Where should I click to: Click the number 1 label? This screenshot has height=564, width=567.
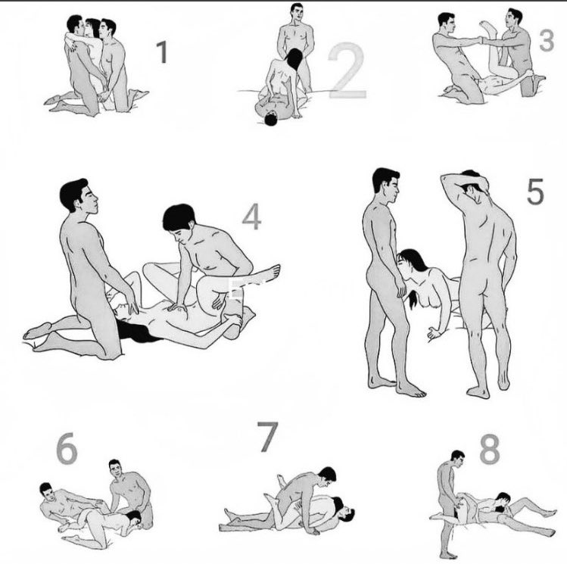coord(162,52)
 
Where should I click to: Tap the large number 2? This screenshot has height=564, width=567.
coord(348,71)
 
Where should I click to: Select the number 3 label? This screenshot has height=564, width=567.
coord(547,40)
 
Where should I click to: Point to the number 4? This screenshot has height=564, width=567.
coord(251,217)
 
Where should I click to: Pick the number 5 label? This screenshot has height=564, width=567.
coord(535,192)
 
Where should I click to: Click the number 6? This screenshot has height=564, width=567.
coord(67,448)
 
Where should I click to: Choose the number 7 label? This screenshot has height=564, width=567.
coord(268,437)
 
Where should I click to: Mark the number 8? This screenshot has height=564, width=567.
coord(490,449)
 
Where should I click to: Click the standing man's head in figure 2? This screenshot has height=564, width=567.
coord(297,13)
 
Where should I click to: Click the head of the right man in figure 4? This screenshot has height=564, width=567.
coord(179,221)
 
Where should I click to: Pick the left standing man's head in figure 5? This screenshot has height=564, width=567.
coord(386,185)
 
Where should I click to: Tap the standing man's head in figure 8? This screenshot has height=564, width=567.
coord(458,460)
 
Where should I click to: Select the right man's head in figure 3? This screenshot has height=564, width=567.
coord(514,19)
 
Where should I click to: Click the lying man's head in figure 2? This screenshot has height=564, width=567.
coord(270,120)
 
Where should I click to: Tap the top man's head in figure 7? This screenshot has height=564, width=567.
coord(327,475)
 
